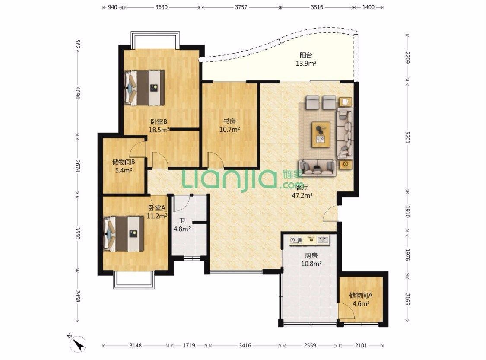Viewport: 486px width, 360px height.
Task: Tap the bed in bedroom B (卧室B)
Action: tap(144, 88)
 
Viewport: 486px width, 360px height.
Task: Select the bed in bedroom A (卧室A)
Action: tap(124, 233)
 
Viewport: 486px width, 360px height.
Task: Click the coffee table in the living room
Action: tap(321, 134)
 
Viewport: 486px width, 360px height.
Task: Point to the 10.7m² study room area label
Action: tap(230, 130)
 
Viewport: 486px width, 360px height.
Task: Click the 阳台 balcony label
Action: tap(306, 55)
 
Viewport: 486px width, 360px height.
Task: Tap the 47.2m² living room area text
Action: tap(302, 195)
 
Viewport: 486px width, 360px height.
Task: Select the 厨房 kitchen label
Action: tap(311, 256)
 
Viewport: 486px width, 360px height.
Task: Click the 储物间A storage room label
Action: tap(361, 296)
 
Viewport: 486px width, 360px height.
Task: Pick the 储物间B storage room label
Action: tap(124, 162)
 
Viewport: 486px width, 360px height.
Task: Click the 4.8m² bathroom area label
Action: tap(182, 229)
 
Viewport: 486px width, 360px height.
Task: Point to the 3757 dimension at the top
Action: tap(241, 7)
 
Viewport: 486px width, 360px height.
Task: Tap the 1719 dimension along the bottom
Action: tap(189, 345)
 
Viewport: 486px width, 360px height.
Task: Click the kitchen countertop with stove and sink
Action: tap(309, 240)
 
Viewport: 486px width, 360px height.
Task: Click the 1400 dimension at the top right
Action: tap(368, 7)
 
